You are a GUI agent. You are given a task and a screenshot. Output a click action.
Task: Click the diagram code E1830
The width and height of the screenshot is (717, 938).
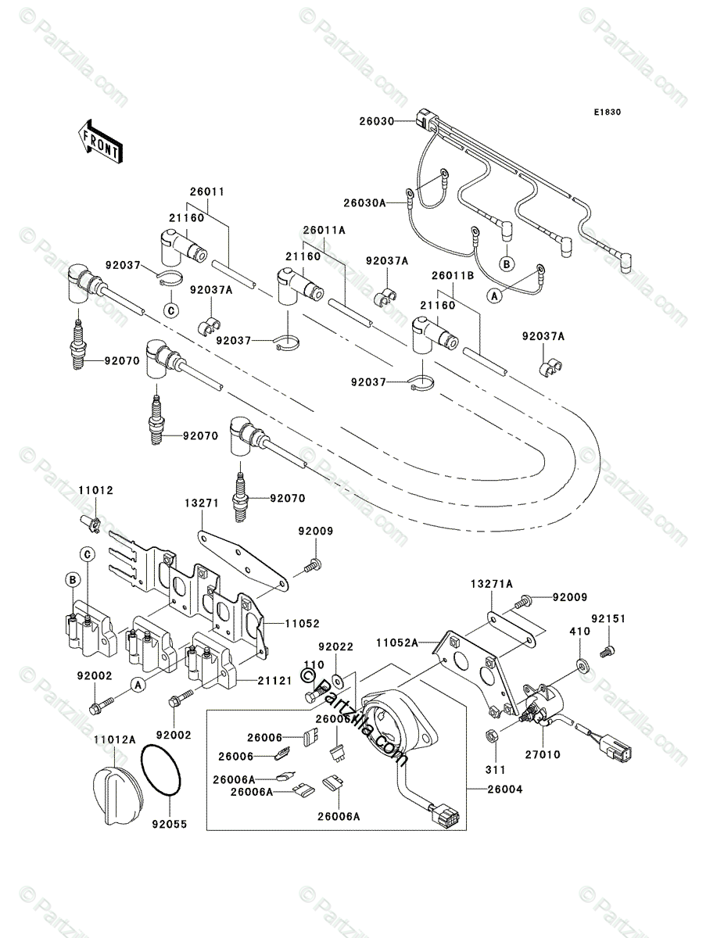pos(606,113)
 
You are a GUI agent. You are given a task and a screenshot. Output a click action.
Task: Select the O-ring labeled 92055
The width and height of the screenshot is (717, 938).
pos(163,771)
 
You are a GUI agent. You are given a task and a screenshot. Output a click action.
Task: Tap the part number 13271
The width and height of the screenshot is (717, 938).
pos(201,504)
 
